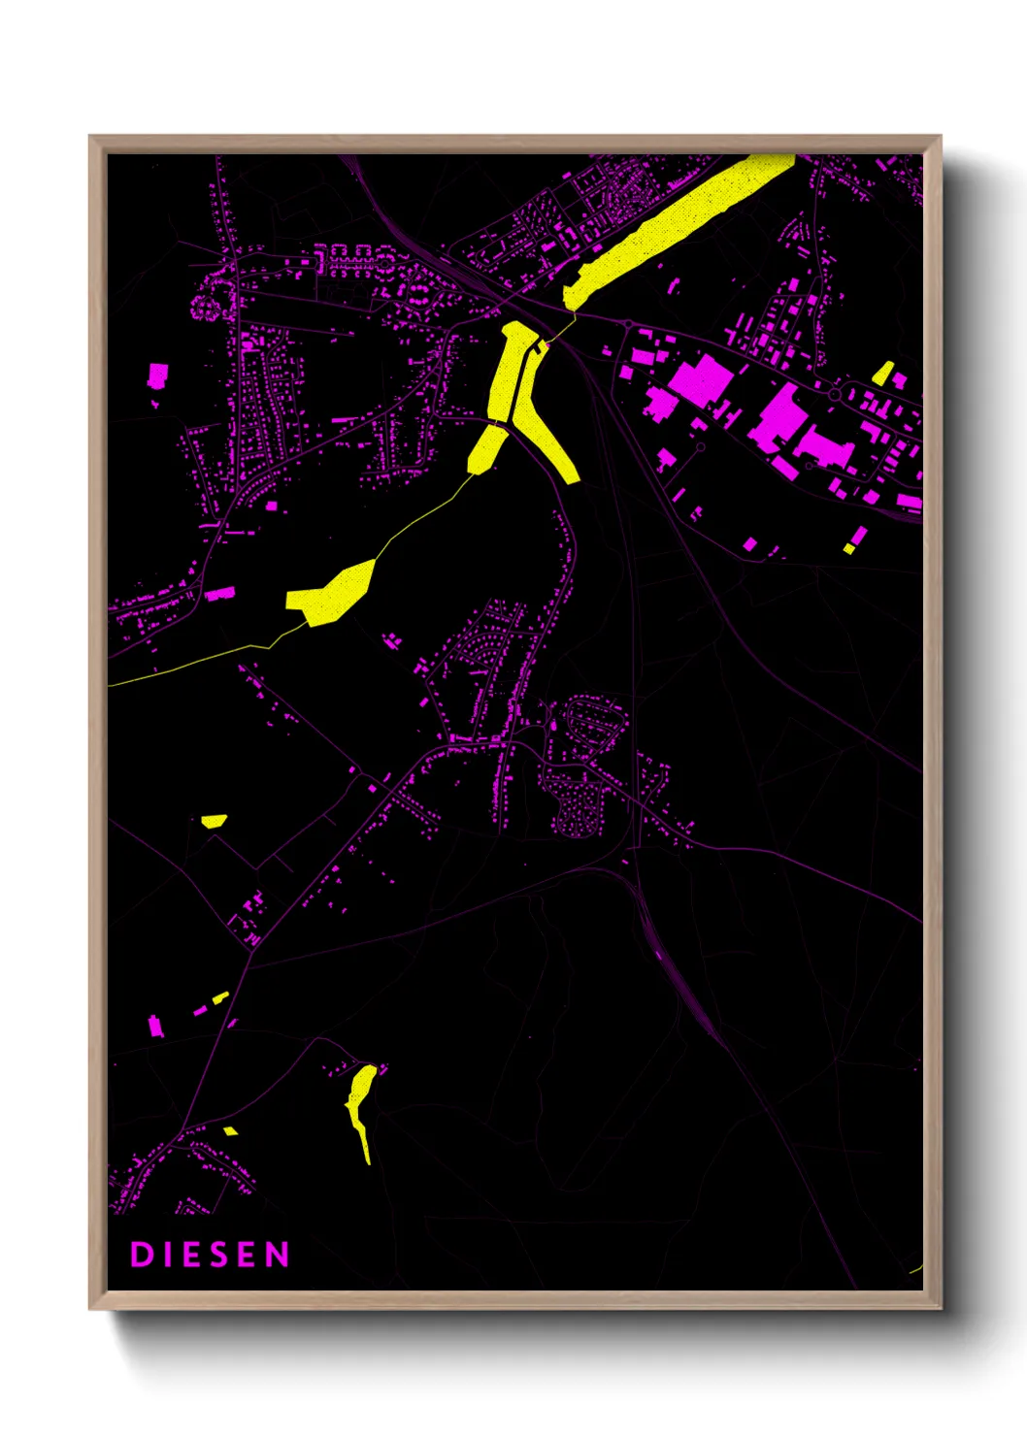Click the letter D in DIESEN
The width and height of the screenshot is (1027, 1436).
[x=141, y=1255]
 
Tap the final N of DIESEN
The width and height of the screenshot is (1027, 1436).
[x=279, y=1255]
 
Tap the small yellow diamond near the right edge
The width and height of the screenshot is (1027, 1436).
[x=882, y=375]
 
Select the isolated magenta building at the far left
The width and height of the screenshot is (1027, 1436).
[x=157, y=375]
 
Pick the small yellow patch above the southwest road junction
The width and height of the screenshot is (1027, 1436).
[x=214, y=821]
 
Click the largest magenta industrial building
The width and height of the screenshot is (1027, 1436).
[x=699, y=380]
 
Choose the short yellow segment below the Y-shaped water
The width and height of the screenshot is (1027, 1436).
[x=487, y=449]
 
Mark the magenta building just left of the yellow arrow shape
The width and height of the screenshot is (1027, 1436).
[x=220, y=594]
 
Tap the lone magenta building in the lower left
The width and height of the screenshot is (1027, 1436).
[x=154, y=1025]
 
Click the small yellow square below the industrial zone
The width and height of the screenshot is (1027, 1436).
[x=848, y=549]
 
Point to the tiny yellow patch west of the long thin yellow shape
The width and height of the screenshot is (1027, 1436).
[x=230, y=1130]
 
